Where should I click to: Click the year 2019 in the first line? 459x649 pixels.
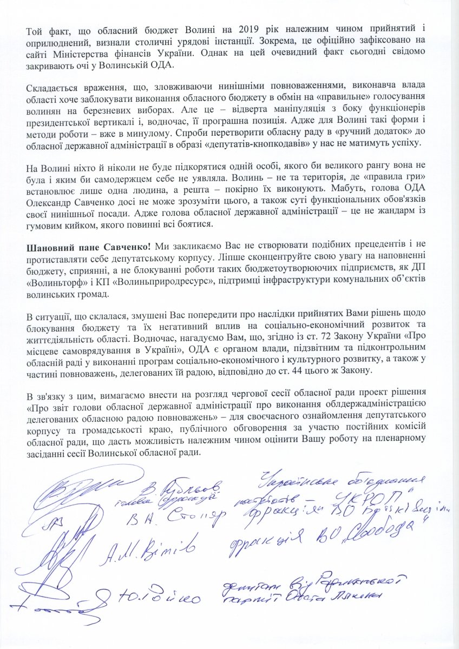pyautogui.click(x=232, y=29)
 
